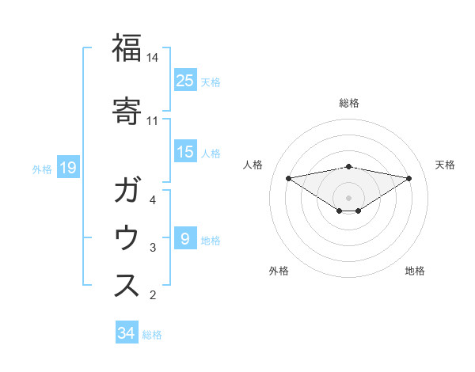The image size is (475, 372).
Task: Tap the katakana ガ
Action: pyautogui.click(x=127, y=190)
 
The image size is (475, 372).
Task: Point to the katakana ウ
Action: pyautogui.click(x=127, y=238)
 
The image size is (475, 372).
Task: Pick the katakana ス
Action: pyautogui.click(x=127, y=286)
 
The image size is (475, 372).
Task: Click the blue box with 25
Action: pyautogui.click(x=185, y=80)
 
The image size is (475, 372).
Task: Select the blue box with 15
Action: pyautogui.click(x=185, y=152)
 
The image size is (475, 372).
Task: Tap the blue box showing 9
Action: pyautogui.click(x=185, y=238)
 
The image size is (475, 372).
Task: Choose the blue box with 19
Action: pyautogui.click(x=67, y=168)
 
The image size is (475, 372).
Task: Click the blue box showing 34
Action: pyautogui.click(x=126, y=333)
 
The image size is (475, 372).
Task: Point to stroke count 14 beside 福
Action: pyautogui.click(x=153, y=58)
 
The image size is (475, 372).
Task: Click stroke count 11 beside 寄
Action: pyautogui.click(x=153, y=121)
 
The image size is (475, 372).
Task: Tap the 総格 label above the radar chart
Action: pyautogui.click(x=348, y=103)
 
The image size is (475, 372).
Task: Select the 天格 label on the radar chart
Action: pyautogui.click(x=445, y=165)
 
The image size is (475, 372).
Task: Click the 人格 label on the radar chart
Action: pyautogui.click(x=253, y=165)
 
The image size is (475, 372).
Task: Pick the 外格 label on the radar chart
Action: pyautogui.click(x=278, y=271)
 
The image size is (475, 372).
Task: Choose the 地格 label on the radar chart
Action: pyautogui.click(x=415, y=271)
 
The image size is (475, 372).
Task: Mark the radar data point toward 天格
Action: pyautogui.click(x=409, y=178)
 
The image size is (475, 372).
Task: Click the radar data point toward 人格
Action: pyautogui.click(x=288, y=178)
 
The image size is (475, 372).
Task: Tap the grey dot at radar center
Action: pyautogui.click(x=348, y=197)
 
